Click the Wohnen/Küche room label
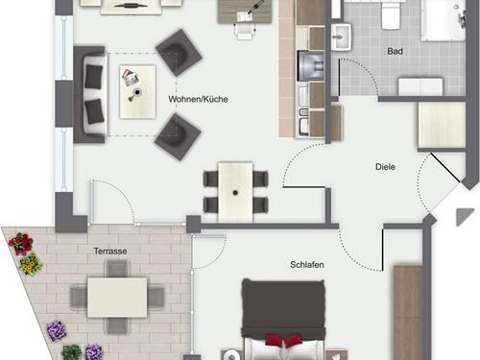pyautogui.click(x=198, y=99)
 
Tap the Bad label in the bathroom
pyautogui.click(x=395, y=51)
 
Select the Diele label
pyautogui.click(x=385, y=167)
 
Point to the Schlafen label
pyautogui.click(x=307, y=265)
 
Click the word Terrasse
pyautogui.click(x=110, y=252)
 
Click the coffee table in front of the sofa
pyautogui.click(x=137, y=92)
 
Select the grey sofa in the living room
pyautogui.click(x=90, y=95)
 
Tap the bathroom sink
pyautogui.click(x=341, y=36)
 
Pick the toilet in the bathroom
pyautogui.click(x=391, y=15)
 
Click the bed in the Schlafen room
pyautogui.click(x=283, y=320)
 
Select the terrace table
pyautogui.click(x=117, y=298)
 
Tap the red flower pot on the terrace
pyautogui.click(x=21, y=243)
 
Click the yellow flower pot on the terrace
pyautogui.click(x=31, y=264)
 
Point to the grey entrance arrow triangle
pyautogui.click(x=464, y=217)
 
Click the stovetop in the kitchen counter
pyautogui.click(x=311, y=65)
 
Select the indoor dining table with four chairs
pyautogui.click(x=235, y=192)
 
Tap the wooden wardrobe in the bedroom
pyautogui.click(x=408, y=313)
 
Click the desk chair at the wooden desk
pyautogui.click(x=245, y=31)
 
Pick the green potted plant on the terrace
pyautogui.click(x=72, y=352)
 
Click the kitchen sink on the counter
pyautogui.click(x=303, y=123)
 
